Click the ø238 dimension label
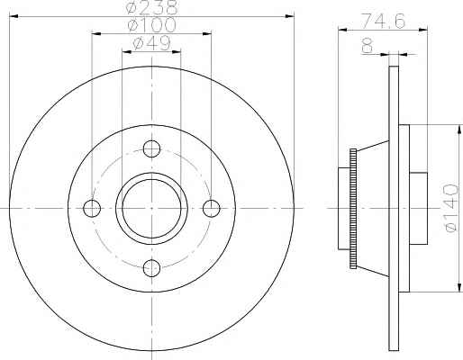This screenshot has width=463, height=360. (x=152, y=7)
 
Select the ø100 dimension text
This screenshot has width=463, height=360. (x=151, y=25)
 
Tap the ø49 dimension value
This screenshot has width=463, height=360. (x=151, y=43)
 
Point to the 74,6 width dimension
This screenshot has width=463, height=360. (x=383, y=21)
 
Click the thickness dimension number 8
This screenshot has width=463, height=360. (x=368, y=46)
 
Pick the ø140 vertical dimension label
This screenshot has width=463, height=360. (x=451, y=208)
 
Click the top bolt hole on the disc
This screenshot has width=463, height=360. (x=151, y=148)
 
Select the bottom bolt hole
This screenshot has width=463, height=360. (x=151, y=268)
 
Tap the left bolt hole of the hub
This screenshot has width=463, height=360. (x=92, y=208)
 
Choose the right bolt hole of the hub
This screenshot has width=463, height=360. (x=212, y=208)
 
